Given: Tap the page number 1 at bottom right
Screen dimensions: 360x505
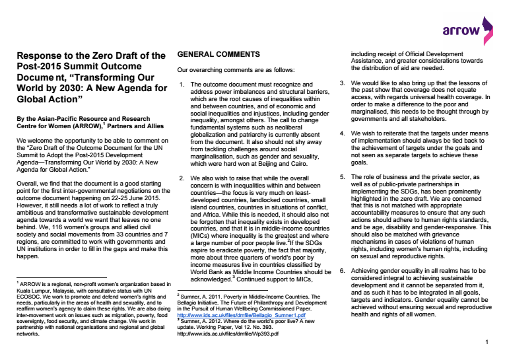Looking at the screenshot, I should coord(487,343).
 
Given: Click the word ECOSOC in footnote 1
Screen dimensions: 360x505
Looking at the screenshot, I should coord(28,295).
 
